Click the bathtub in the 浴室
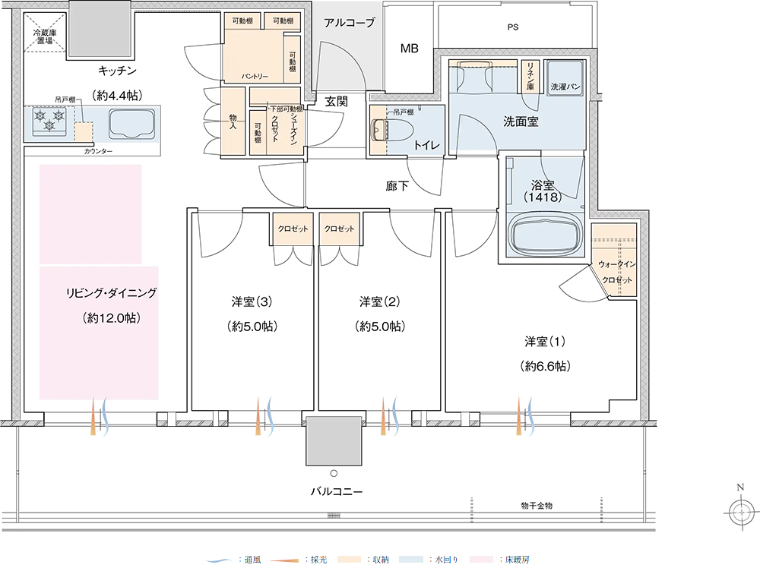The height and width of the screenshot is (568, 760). click(544, 235)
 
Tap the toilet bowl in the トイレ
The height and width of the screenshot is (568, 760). click(391, 130)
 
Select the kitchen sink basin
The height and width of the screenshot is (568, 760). click(131, 124)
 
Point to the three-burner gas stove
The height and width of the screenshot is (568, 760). click(49, 121)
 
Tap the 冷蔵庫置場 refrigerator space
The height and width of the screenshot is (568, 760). click(45, 31)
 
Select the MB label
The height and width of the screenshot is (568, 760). click(409, 49)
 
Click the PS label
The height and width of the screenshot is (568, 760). click(513, 27)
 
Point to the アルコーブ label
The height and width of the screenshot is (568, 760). click(349, 22)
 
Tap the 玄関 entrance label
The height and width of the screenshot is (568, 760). click(337, 102)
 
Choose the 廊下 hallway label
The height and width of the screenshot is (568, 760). click(397, 186)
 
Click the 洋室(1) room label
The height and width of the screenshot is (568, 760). click(545, 342)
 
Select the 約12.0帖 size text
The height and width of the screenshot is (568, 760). click(112, 318)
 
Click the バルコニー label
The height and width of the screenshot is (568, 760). click(337, 491)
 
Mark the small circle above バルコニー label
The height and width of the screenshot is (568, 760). click(334, 473)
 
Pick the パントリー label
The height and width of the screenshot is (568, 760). click(255, 77)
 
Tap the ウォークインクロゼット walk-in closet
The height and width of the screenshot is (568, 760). click(613, 260)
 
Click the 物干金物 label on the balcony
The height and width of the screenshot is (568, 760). click(537, 506)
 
